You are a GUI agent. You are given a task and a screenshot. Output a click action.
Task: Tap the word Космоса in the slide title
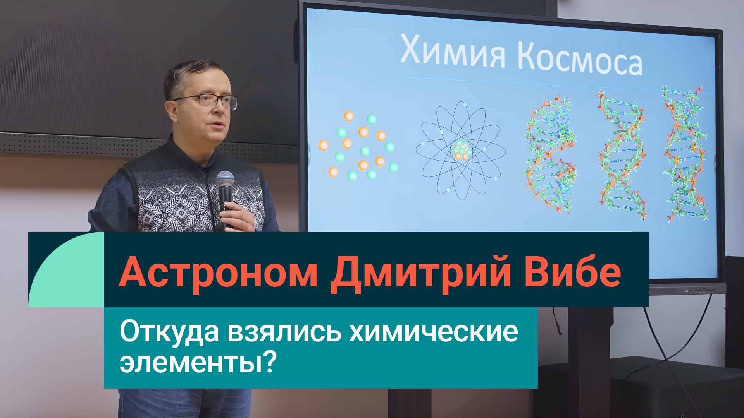580,58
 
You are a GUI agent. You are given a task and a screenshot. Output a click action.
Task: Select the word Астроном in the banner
218,272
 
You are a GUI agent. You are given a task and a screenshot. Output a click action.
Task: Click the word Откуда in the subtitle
169,332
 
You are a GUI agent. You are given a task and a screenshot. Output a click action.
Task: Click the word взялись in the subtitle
284,332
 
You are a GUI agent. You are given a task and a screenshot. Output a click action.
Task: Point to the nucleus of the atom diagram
461,151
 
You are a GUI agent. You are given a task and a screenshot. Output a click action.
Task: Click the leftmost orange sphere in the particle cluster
323,145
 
